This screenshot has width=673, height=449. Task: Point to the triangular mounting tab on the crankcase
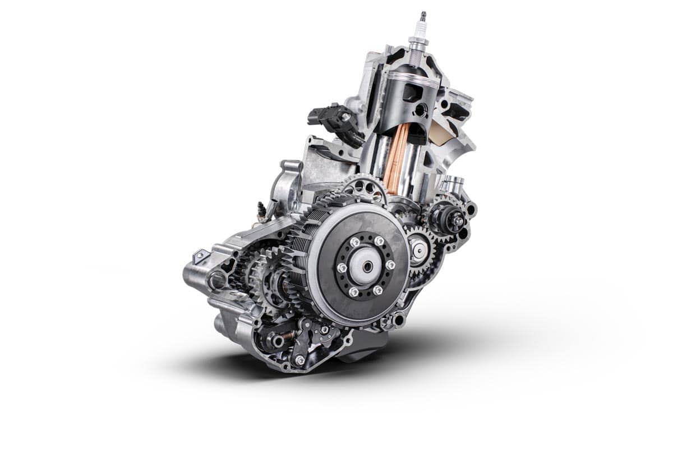coord(199,257)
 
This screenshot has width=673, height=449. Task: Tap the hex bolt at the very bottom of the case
coord(299,360)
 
